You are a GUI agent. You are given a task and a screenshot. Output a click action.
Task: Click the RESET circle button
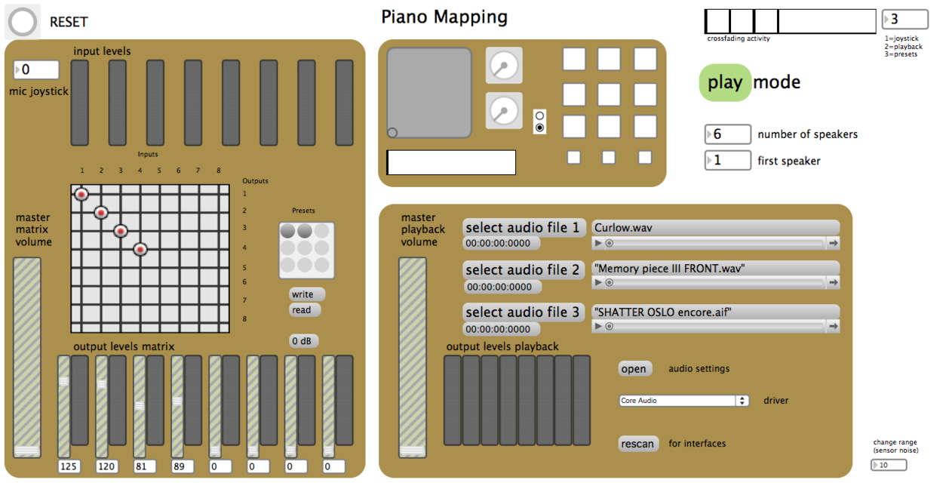(23, 23)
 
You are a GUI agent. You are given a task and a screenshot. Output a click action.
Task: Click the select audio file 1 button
(524, 227)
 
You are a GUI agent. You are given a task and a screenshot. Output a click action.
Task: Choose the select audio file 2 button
(524, 269)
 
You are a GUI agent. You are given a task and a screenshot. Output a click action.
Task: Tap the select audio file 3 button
(524, 312)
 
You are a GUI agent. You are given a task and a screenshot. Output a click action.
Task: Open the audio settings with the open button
(634, 368)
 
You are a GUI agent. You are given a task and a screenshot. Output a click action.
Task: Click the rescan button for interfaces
(637, 443)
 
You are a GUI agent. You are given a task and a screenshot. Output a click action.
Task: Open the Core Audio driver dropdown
(683, 401)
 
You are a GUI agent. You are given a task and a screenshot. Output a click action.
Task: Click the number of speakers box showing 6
(728, 134)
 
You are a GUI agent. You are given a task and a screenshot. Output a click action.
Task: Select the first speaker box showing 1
(728, 160)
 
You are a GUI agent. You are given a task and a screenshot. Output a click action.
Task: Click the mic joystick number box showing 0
(36, 69)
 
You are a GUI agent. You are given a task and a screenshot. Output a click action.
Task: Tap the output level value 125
(69, 466)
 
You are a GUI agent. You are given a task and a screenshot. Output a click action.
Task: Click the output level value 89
(183, 466)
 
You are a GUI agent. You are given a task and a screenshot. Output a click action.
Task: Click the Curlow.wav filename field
(715, 227)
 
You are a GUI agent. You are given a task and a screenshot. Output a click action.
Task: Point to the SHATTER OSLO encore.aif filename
(715, 312)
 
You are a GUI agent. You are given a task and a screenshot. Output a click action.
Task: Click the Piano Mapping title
(444, 17)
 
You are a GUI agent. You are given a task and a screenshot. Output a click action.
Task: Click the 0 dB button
(303, 341)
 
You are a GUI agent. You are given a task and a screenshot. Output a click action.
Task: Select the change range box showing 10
(889, 465)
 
